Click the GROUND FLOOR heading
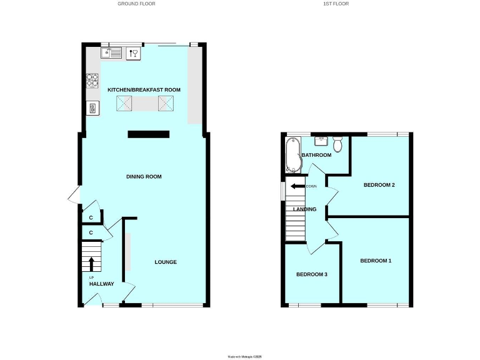136,4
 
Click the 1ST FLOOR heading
337,4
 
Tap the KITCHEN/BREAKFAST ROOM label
144,90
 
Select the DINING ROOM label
144,177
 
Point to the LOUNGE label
166,262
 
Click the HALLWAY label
101,284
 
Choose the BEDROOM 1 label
376,260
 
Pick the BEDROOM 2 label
379,185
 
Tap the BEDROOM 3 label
312,274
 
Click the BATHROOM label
316,155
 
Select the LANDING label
304,209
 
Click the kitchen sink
112,54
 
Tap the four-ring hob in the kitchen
92,81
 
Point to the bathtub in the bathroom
292,155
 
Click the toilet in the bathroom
337,145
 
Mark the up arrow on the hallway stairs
91,262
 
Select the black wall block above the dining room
149,134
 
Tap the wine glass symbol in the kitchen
133,54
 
